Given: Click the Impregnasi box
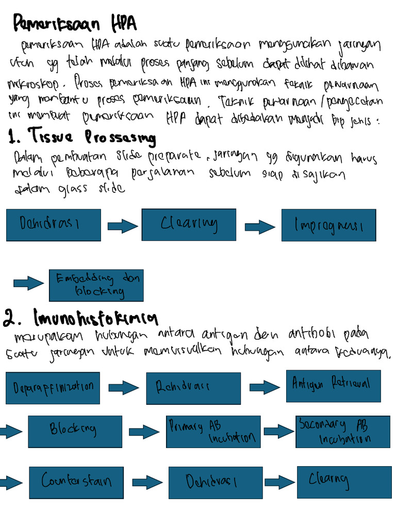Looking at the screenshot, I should (x=328, y=225).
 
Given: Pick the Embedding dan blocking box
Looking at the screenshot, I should (x=96, y=285).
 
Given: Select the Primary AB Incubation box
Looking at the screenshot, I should (x=213, y=432).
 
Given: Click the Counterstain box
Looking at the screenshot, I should (x=76, y=482).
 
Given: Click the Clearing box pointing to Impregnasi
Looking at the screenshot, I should (x=189, y=224).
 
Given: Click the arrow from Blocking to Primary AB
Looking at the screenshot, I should (x=144, y=432).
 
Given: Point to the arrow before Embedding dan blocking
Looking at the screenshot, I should (x=29, y=283).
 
